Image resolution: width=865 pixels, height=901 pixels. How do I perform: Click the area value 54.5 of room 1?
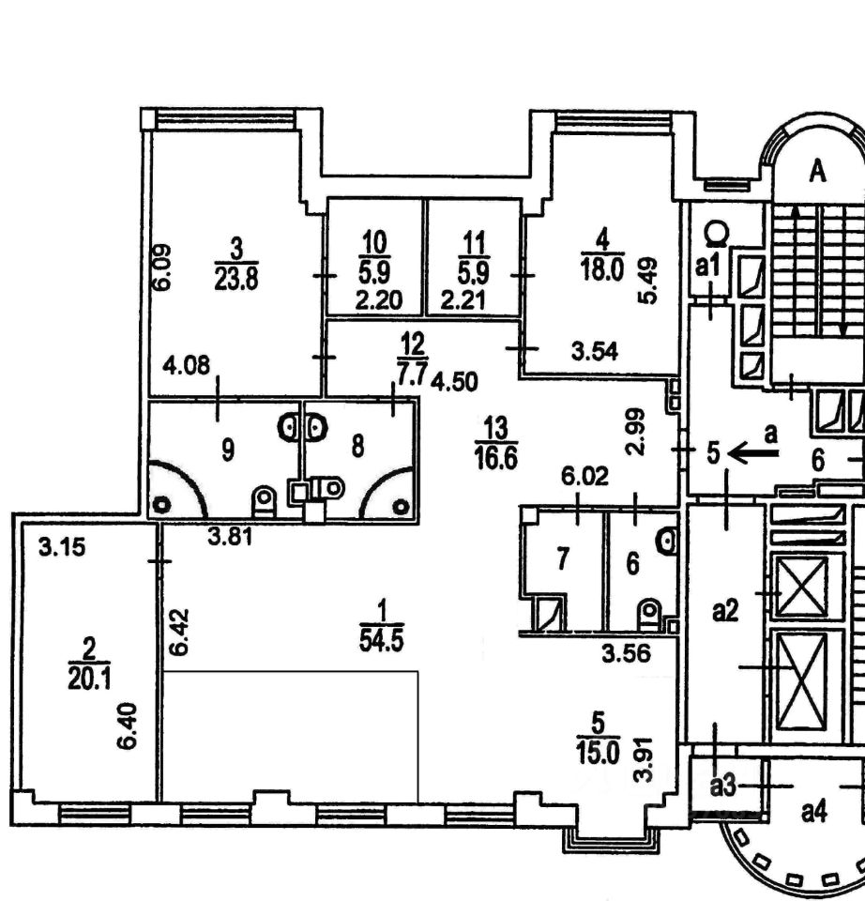tap(382, 640)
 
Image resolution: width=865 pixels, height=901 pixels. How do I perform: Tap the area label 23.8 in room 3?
tap(236, 279)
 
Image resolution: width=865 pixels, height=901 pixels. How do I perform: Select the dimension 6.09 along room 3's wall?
tap(162, 267)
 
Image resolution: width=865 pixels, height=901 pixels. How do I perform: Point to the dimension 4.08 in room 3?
tap(186, 365)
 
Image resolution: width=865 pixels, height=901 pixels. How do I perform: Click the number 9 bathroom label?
tap(228, 450)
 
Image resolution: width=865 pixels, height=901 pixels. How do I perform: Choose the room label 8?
tap(357, 446)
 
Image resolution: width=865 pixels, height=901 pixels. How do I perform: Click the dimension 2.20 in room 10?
tap(378, 300)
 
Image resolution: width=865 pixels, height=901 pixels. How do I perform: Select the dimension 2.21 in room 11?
tap(463, 300)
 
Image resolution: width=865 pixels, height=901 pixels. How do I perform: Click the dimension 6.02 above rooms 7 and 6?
tap(585, 477)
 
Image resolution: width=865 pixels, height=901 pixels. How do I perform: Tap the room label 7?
tap(563, 558)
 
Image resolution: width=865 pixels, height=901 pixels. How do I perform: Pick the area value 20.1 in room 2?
tap(89, 679)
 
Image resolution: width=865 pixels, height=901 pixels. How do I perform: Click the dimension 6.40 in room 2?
tap(127, 725)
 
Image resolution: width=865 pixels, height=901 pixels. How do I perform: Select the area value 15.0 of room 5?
tap(599, 753)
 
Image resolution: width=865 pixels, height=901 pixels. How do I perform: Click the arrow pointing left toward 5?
tap(753, 454)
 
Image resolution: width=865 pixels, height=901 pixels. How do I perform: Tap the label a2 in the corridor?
tap(725, 611)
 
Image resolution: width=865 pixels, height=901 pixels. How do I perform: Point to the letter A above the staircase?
tap(817, 171)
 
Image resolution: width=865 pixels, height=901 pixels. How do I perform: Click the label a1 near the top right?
tap(707, 266)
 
